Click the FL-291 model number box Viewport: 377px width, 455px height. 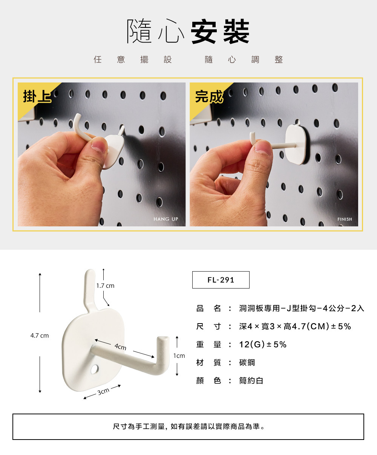[x=221, y=280]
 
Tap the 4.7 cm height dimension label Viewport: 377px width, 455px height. [x=40, y=336]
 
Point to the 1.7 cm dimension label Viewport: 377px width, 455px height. [x=106, y=286]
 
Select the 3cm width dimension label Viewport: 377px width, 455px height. [x=103, y=392]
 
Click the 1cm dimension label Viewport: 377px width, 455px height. [x=179, y=356]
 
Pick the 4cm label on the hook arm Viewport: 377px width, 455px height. [x=120, y=347]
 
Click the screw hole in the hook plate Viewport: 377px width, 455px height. [x=95, y=369]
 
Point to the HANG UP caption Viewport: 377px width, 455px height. [x=166, y=219]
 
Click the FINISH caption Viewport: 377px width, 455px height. [x=345, y=219]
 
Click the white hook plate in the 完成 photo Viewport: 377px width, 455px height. [x=295, y=144]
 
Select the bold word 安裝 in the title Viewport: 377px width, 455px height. [x=220, y=31]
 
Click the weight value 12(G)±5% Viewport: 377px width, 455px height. [x=263, y=345]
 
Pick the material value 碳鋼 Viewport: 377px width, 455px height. [x=247, y=363]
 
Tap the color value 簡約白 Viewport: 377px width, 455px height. [x=251, y=381]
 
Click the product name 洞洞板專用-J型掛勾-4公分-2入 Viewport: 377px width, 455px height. [x=302, y=308]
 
